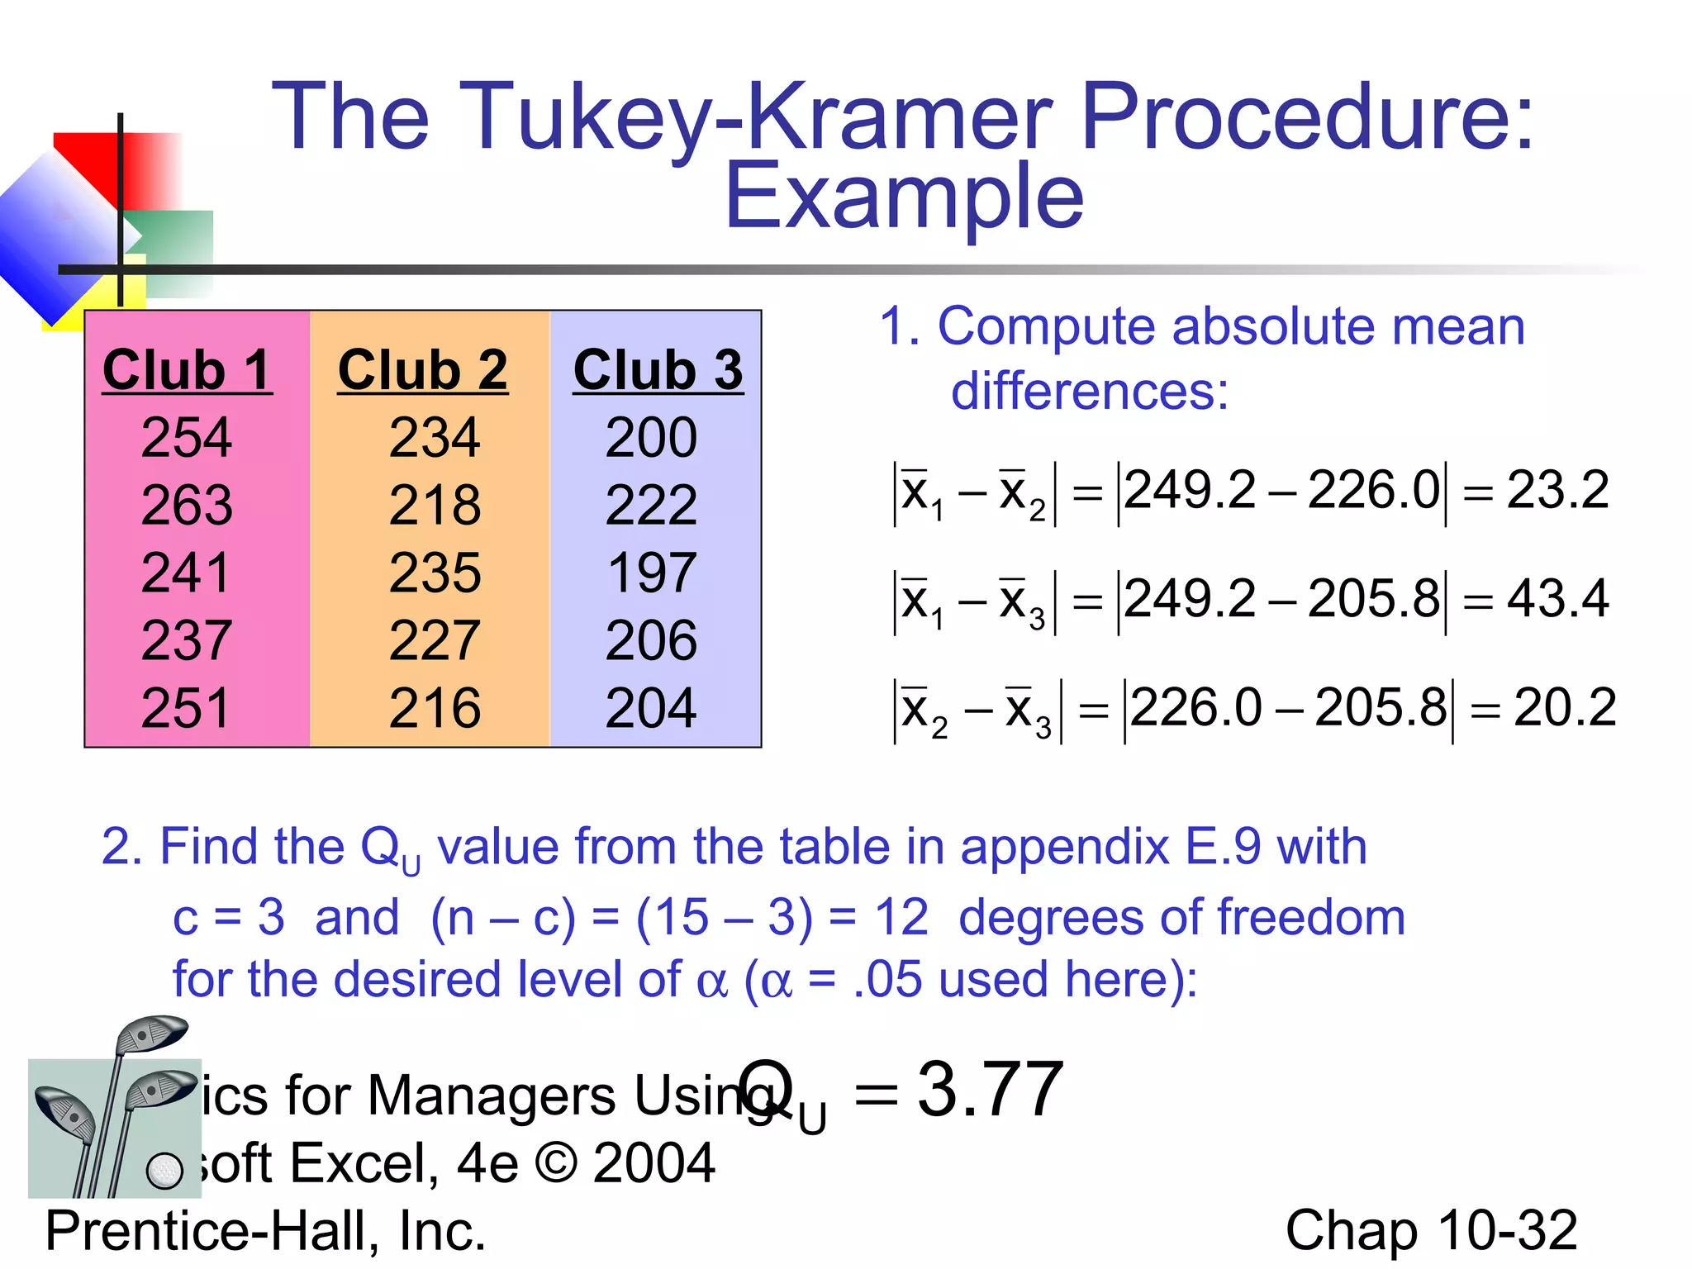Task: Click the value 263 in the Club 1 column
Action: pos(187,505)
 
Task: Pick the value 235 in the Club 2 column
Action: pos(435,573)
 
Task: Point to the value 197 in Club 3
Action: pos(652,573)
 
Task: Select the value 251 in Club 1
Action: pos(185,708)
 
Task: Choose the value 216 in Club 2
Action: pos(435,708)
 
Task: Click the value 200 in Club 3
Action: pos(651,437)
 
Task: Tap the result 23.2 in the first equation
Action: pos(1557,490)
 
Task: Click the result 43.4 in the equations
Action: pos(1557,598)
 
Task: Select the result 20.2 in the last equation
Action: pos(1564,707)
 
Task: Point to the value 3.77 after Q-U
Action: pos(990,1091)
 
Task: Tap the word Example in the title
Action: pos(903,197)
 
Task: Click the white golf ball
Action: pos(164,1170)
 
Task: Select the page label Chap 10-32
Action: pos(1431,1230)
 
